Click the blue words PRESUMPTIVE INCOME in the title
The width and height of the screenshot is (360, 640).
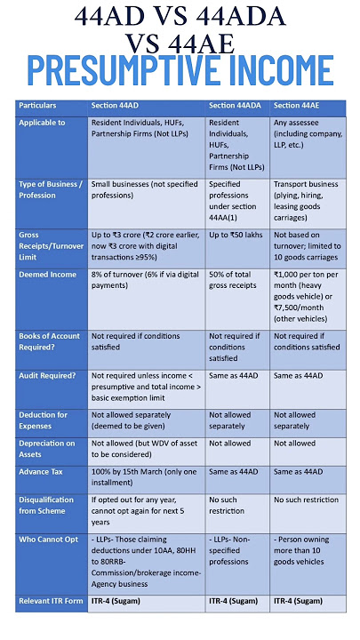point(180,71)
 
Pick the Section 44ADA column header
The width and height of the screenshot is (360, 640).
point(236,106)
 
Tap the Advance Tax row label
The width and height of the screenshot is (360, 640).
point(42,471)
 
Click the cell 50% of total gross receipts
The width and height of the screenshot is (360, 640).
point(235,281)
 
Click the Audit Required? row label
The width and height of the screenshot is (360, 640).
point(47,376)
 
